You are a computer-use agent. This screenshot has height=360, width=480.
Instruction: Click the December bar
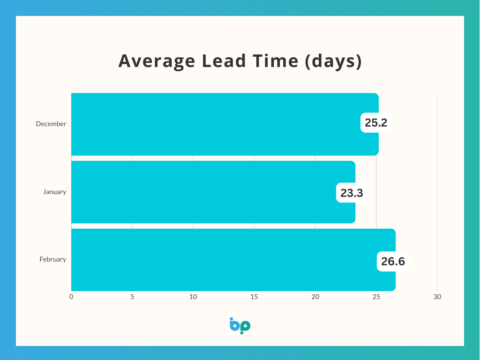[225, 124]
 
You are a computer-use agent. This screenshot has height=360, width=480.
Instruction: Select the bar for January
[213, 192]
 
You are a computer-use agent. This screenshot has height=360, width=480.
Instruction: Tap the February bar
[233, 260]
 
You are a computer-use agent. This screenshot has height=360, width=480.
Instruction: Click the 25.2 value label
[376, 123]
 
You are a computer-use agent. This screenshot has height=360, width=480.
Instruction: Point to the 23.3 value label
[352, 193]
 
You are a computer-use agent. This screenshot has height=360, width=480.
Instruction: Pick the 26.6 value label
[393, 262]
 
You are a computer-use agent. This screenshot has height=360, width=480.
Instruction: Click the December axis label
[51, 124]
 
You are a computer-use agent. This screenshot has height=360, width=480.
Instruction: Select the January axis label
[54, 192]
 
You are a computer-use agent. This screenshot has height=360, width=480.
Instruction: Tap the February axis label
[53, 260]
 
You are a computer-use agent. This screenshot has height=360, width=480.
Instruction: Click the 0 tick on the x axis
[71, 297]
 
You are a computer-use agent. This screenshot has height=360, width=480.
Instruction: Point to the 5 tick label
[132, 297]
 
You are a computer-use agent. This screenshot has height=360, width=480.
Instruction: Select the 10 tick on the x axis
[193, 297]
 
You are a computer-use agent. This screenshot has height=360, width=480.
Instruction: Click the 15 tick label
[254, 297]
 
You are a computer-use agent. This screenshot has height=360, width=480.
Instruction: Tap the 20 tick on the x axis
[315, 297]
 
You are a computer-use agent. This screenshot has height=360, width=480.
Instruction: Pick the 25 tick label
[376, 297]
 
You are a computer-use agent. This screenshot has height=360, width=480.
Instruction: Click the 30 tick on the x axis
[437, 297]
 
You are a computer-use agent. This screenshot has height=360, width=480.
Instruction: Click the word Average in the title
[157, 61]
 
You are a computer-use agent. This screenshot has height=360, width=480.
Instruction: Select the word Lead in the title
[224, 60]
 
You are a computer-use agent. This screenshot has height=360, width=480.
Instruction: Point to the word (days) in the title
[333, 61]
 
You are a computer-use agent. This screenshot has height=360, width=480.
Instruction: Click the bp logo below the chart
[240, 326]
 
